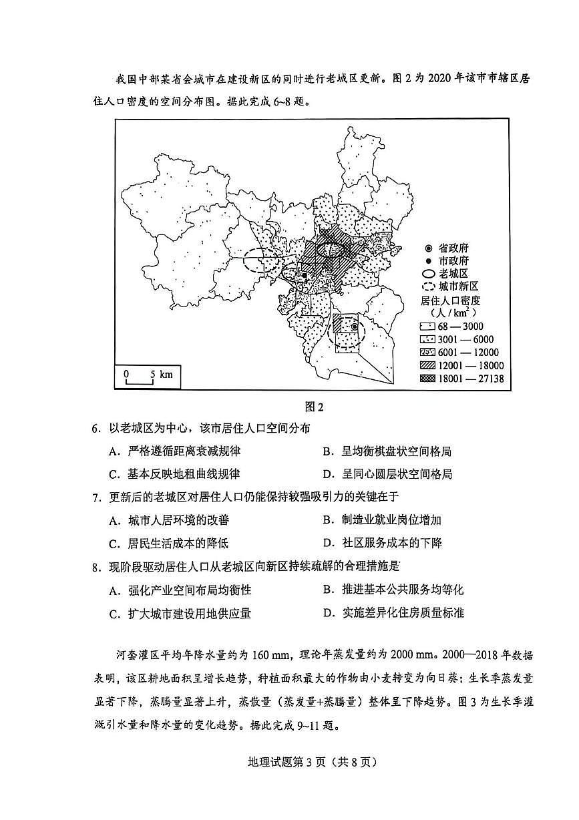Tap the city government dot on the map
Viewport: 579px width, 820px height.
click(304, 274)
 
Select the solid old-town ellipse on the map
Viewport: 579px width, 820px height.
click(331, 248)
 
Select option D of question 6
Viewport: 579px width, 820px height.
click(387, 473)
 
